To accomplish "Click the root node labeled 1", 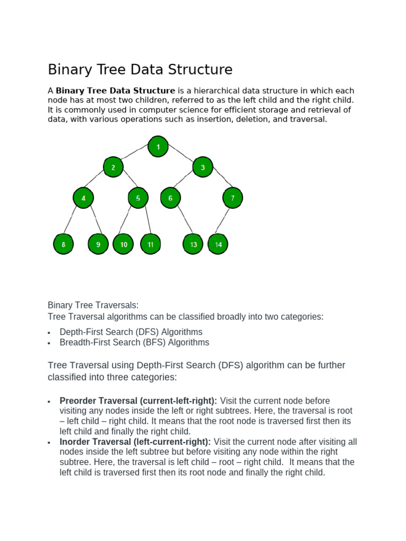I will tap(158, 146).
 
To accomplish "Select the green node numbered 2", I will tap(113, 167).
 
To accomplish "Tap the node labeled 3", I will tap(202, 168).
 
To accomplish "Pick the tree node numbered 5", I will tap(138, 198).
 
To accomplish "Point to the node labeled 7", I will tap(233, 198).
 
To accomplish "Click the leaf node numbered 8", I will tap(63, 245).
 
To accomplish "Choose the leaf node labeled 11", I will tap(151, 245).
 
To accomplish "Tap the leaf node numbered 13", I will tap(193, 245).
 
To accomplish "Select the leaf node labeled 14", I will tap(218, 245).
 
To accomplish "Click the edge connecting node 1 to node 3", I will tap(180, 157).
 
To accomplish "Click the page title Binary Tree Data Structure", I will tap(140, 70).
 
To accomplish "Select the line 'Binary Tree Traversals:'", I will tap(93, 305).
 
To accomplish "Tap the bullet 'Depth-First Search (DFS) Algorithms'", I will tap(131, 332).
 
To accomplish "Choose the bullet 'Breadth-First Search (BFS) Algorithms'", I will tap(134, 342).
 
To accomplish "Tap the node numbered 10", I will tap(124, 245).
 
